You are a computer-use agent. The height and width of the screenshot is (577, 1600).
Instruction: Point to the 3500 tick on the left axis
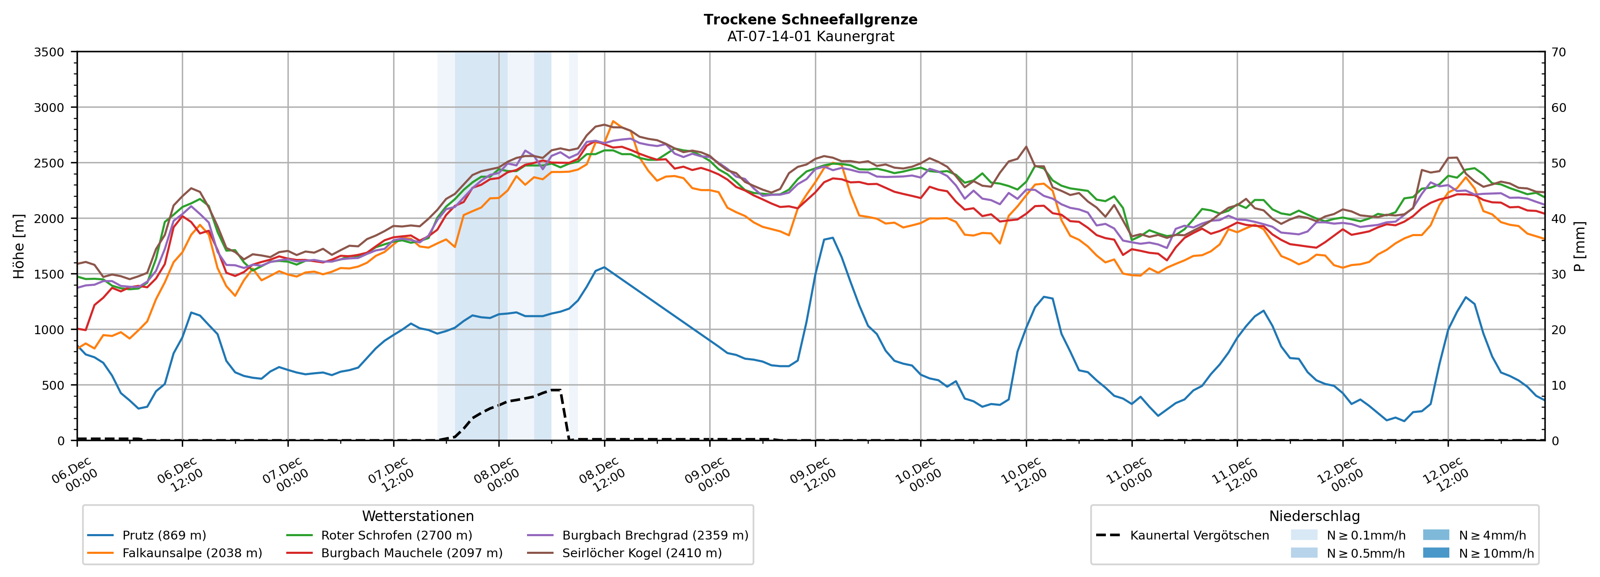pos(49,52)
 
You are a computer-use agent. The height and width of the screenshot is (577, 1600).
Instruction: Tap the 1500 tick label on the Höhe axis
pos(49,274)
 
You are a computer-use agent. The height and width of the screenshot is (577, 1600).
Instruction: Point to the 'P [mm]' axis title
pos(1580,246)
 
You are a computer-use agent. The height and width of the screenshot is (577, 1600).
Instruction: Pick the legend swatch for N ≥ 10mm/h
pos(1435,553)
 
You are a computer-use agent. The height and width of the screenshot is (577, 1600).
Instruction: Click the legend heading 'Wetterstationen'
pos(418,516)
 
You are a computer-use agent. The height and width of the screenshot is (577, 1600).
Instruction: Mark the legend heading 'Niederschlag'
pos(1314,516)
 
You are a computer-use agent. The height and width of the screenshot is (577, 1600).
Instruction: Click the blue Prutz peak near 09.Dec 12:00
pos(832,237)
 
